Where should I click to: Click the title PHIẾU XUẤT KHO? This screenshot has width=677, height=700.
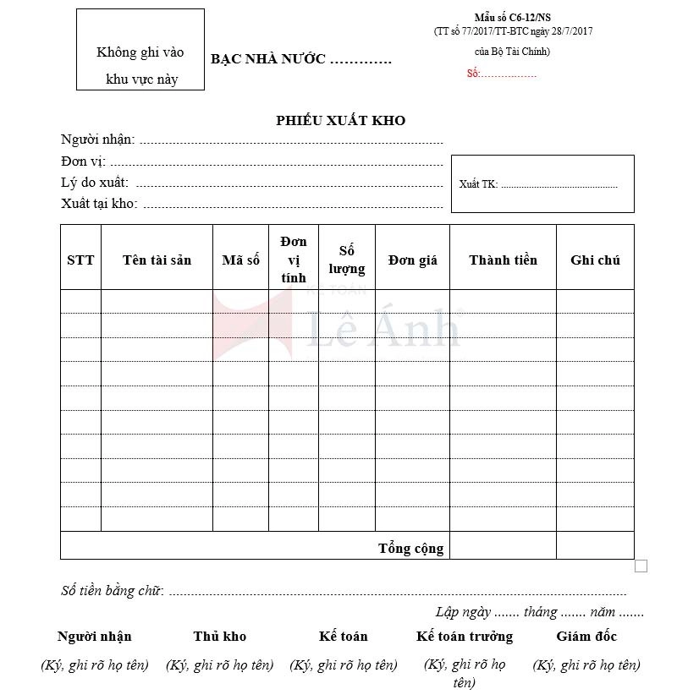pos(340,120)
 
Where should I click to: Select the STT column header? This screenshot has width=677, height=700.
pos(80,260)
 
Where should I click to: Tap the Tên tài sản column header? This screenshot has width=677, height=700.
pos(157,260)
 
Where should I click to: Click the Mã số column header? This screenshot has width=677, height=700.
pos(240,260)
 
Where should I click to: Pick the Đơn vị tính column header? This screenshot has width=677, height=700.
pos(294,260)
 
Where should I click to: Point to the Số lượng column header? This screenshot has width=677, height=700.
pos(347,260)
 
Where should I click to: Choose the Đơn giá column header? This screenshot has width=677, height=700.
pos(412,260)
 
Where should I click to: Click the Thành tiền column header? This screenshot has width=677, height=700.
pos(503,260)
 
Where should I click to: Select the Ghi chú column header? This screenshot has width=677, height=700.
pos(595,260)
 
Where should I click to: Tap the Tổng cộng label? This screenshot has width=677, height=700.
pos(410,548)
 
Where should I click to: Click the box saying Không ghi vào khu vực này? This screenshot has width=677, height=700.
pos(140,50)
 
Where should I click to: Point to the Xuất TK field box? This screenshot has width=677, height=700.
pos(542,183)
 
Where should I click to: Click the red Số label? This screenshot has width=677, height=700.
pos(473,74)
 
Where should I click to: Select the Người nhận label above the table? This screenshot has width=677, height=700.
pos(97,139)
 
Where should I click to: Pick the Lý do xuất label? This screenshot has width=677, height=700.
pos(95,182)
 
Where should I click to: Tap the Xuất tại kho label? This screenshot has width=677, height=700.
pos(99,203)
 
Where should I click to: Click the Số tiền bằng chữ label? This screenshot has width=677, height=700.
pos(113,591)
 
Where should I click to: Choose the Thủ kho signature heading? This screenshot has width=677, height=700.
pos(219,636)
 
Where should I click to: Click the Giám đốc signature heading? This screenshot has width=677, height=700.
pos(586,636)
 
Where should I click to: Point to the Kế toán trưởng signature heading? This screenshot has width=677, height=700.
pos(465,636)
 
